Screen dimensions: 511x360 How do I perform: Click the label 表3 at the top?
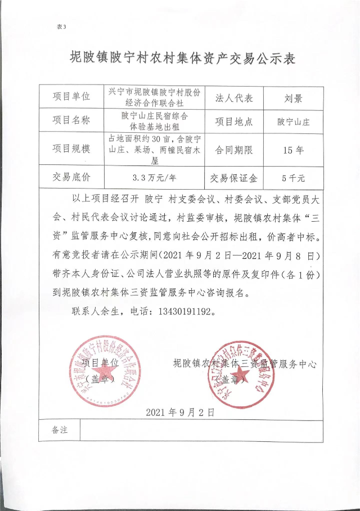62,26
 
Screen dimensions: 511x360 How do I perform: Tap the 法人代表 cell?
234,98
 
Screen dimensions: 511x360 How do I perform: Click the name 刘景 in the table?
294,98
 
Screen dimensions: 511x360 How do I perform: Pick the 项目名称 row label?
71,120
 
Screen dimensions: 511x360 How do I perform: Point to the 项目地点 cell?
234,121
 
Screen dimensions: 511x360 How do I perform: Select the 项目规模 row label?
71,149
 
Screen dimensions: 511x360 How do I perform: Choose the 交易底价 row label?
71,178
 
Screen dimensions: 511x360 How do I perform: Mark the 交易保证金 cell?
234,178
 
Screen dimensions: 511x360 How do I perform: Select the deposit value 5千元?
294,178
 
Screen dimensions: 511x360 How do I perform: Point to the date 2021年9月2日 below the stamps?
180,412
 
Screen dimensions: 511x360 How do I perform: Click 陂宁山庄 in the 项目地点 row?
294,121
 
